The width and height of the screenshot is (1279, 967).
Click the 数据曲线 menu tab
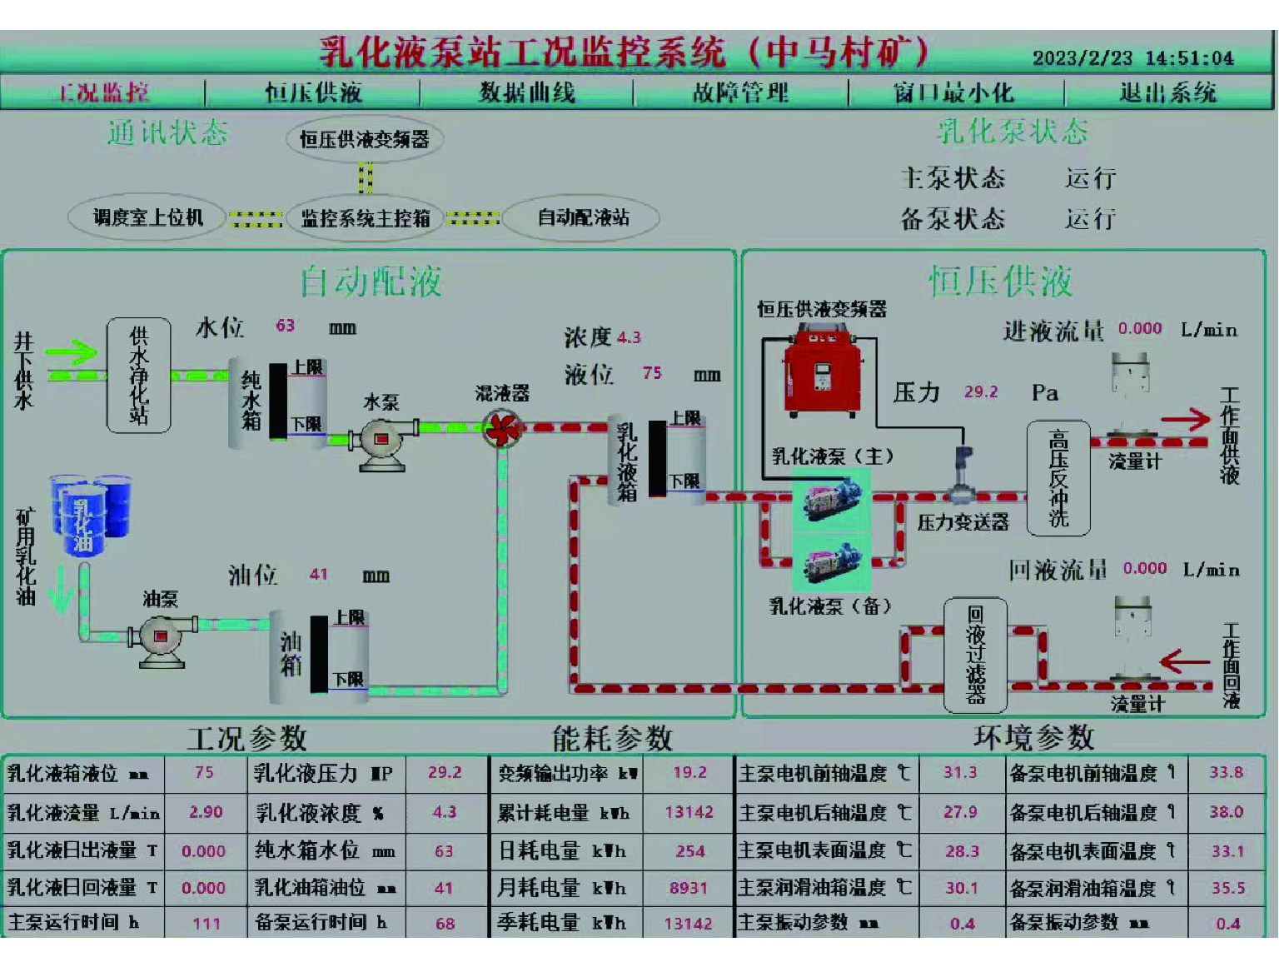[x=526, y=92]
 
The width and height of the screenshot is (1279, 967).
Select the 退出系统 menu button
[x=1167, y=92]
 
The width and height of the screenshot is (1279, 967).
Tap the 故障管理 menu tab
[x=740, y=92]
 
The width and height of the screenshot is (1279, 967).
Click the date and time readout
[x=1132, y=58]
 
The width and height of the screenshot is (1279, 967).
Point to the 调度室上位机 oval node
[x=147, y=218]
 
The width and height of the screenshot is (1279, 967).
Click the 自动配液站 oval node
[x=582, y=218]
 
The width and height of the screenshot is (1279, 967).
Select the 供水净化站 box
[x=139, y=375]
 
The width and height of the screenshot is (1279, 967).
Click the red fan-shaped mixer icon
[x=503, y=429]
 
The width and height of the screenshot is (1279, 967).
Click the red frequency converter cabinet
[x=822, y=373]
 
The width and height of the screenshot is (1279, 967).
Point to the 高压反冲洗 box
[x=1058, y=477]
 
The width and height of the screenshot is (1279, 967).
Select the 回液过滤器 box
[x=975, y=655]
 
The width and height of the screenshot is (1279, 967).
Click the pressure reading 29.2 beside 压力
[x=981, y=392]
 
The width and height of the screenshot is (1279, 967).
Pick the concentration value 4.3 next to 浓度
[x=629, y=337]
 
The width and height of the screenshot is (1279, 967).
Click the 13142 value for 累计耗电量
[x=689, y=812]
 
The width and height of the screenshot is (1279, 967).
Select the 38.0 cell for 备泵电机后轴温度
[x=1227, y=812]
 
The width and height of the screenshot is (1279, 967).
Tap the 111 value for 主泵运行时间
[x=206, y=923]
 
